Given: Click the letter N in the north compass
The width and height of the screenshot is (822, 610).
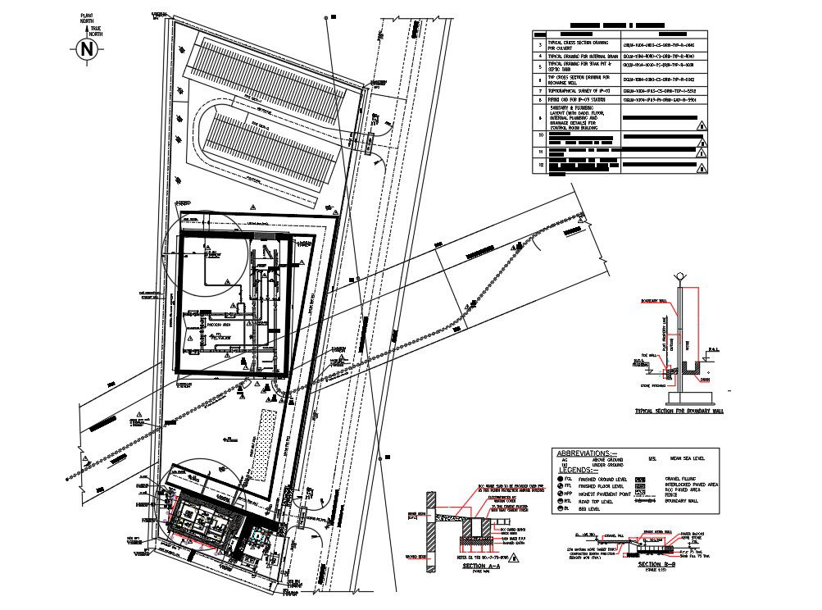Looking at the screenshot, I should point(88,50).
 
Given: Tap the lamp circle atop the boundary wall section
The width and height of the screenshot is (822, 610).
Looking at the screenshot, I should point(679,278).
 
